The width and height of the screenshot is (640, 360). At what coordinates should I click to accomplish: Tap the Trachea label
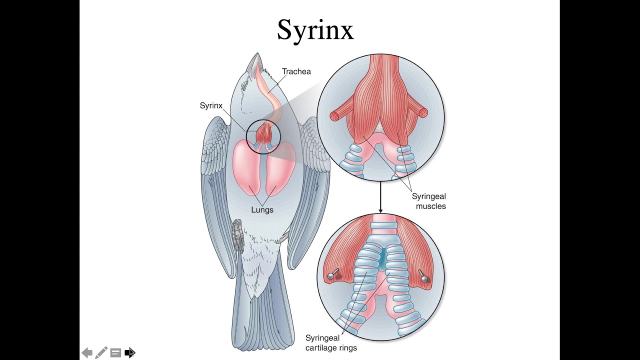(x=296, y=71)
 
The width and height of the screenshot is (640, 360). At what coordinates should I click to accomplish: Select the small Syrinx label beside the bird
(x=211, y=105)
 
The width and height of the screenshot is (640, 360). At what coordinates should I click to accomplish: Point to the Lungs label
(x=262, y=209)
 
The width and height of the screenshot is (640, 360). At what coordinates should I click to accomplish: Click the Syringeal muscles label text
(x=429, y=201)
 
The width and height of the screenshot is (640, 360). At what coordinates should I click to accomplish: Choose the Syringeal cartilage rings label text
(x=331, y=343)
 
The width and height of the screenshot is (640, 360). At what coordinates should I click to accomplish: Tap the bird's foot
(x=237, y=235)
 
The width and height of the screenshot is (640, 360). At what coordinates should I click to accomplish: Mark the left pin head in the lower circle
(x=330, y=276)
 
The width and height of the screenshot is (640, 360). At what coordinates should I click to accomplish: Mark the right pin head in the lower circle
(x=425, y=278)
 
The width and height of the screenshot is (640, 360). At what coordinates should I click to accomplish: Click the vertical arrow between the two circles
(x=380, y=197)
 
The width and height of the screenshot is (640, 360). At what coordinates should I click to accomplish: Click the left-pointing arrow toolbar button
(x=87, y=352)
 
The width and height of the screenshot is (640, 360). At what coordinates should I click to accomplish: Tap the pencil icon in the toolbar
(x=101, y=352)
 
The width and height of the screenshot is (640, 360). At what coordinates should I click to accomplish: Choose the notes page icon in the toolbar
(x=115, y=352)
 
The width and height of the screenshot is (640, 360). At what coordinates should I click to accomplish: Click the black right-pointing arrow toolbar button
(x=129, y=352)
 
